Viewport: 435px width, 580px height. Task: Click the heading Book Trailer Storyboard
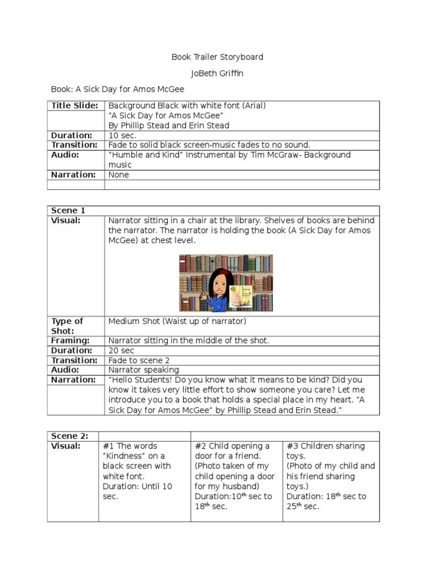tap(217, 57)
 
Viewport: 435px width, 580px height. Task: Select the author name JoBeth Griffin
tap(217, 73)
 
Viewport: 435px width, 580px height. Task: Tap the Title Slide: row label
tap(75, 106)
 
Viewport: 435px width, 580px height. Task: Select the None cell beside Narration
tap(119, 174)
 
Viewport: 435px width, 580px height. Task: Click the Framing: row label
tap(70, 340)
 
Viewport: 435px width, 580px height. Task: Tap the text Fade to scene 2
tap(139, 360)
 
